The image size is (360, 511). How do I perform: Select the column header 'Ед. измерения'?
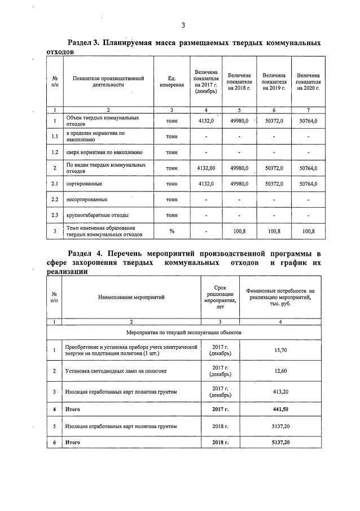[172, 82]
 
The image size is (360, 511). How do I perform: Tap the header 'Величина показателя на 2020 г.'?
[309, 82]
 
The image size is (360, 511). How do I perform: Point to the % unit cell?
[172, 231]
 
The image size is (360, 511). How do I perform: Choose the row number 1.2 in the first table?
[55, 152]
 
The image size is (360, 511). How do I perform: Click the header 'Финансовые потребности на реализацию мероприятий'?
[280, 297]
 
